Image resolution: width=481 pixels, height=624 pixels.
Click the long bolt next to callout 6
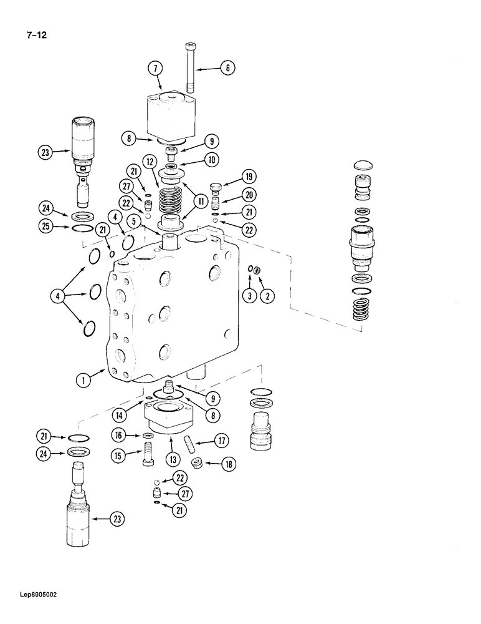pos(190,68)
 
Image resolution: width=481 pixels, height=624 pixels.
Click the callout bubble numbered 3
pos(249,296)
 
